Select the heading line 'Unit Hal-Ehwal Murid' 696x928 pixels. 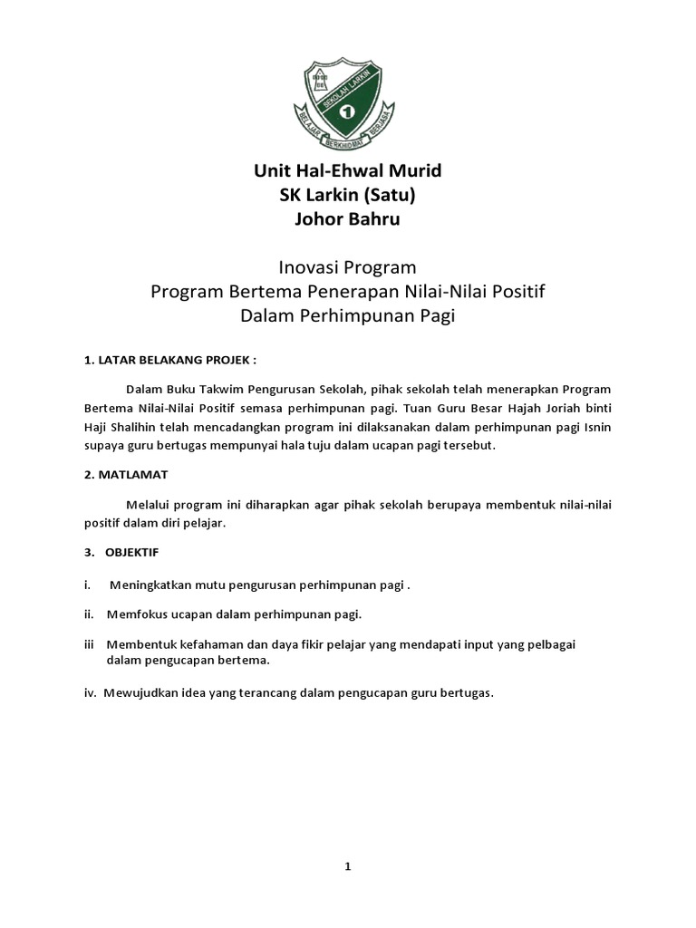347,170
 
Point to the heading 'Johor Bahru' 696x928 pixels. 347,219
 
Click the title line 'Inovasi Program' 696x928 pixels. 347,267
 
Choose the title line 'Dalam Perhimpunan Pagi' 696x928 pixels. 347,315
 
